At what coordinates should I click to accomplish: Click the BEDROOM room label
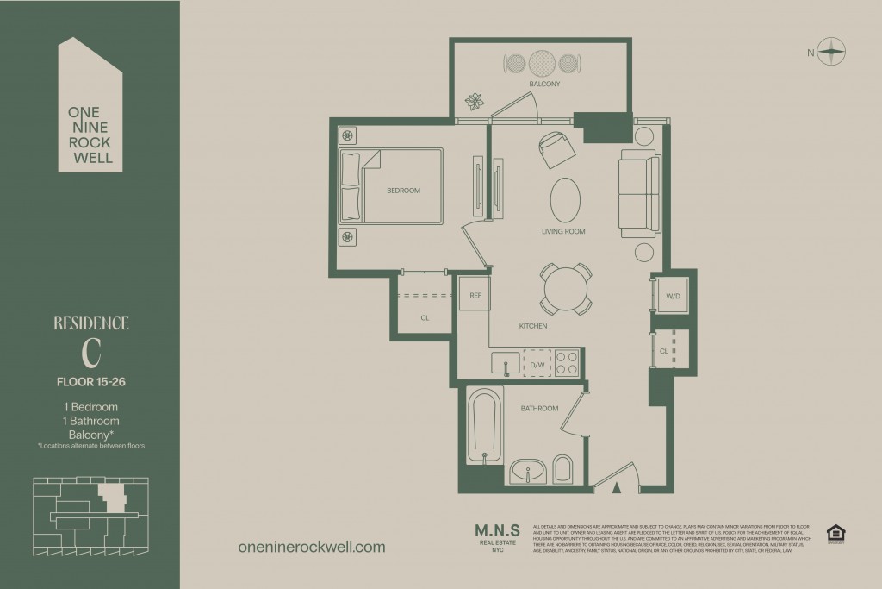(x=403, y=191)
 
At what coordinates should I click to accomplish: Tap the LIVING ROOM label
(x=563, y=231)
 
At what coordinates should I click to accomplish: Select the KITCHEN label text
(x=533, y=326)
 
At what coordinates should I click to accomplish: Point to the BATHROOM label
(x=539, y=408)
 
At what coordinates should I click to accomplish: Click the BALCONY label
(x=544, y=84)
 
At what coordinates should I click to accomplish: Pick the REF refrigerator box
(x=474, y=295)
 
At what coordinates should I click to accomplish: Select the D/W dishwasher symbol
(x=536, y=364)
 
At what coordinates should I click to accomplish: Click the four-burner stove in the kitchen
(x=567, y=362)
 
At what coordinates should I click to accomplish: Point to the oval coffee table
(x=565, y=200)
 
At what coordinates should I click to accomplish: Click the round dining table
(x=566, y=288)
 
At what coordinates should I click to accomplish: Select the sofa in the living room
(x=638, y=194)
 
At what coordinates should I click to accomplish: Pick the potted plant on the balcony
(x=473, y=102)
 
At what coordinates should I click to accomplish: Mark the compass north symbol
(x=831, y=52)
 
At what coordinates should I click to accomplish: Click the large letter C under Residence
(x=92, y=354)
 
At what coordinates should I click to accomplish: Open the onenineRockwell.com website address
(x=310, y=547)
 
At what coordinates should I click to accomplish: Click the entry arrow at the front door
(x=616, y=488)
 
